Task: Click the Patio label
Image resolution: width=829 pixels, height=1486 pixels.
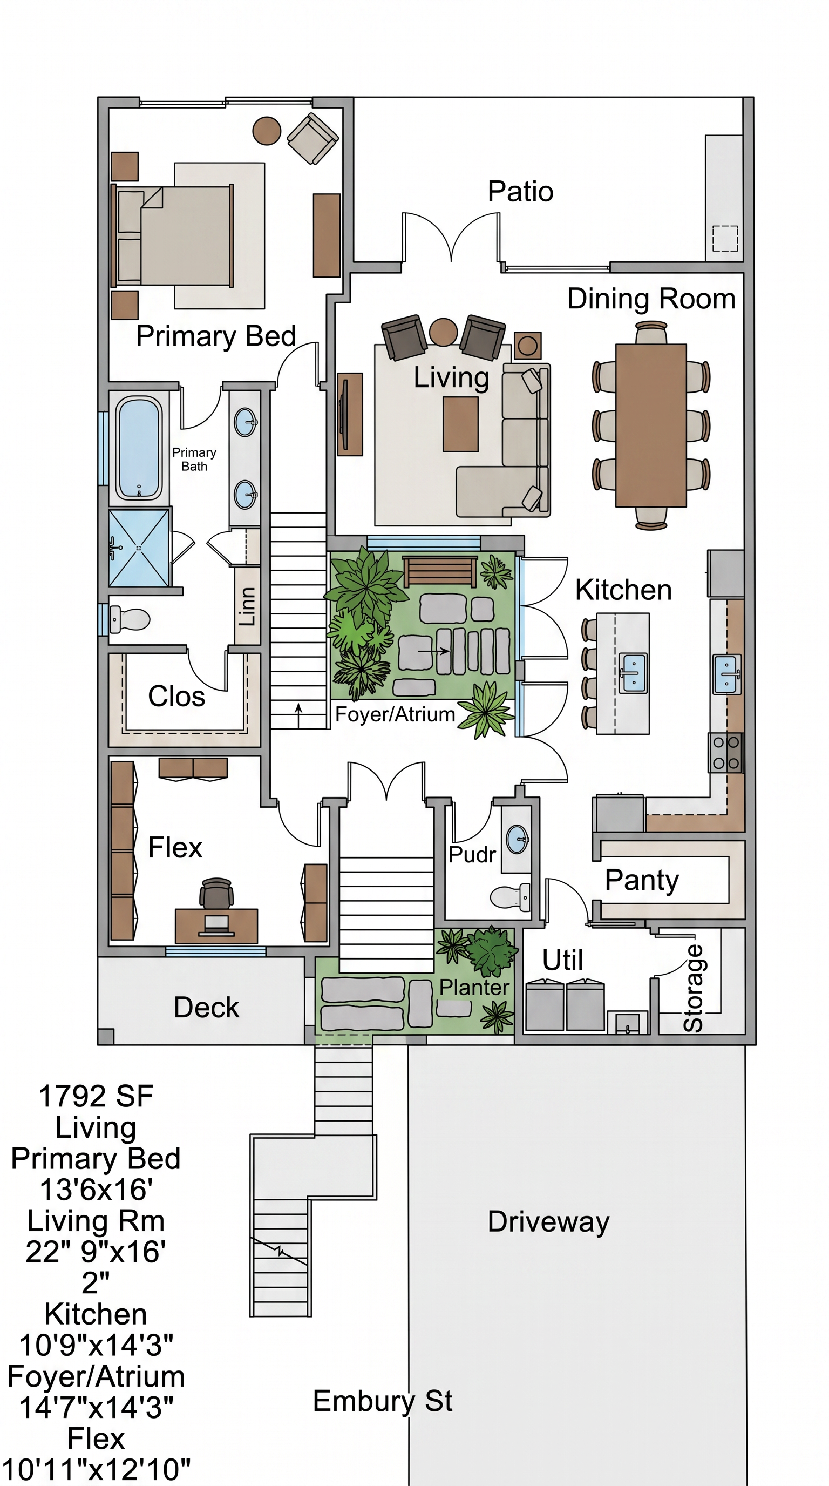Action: [x=521, y=192]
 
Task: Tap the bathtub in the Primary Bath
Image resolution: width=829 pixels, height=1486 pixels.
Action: [x=138, y=448]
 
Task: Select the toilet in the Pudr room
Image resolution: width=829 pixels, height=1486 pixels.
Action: [x=510, y=896]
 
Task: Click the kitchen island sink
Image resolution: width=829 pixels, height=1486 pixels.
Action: [x=633, y=673]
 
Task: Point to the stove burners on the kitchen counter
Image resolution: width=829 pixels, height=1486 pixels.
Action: [x=726, y=753]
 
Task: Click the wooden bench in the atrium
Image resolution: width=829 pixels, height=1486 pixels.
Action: [x=440, y=571]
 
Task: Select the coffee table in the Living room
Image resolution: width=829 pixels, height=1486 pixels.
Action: [x=460, y=424]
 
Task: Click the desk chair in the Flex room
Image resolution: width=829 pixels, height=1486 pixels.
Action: [x=217, y=894]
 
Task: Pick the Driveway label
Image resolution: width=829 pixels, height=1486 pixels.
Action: [x=548, y=1221]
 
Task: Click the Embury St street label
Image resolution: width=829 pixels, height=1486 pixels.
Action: [x=382, y=1401]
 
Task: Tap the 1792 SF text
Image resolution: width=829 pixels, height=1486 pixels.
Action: [x=96, y=1096]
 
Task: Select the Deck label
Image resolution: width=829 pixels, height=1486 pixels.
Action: [x=206, y=1007]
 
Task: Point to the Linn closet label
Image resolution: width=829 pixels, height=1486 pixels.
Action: [x=247, y=606]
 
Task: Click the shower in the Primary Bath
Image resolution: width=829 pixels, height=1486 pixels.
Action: [x=139, y=548]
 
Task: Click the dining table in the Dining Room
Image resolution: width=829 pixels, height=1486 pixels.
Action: [x=651, y=425]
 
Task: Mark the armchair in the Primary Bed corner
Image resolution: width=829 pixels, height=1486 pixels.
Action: [x=312, y=138]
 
